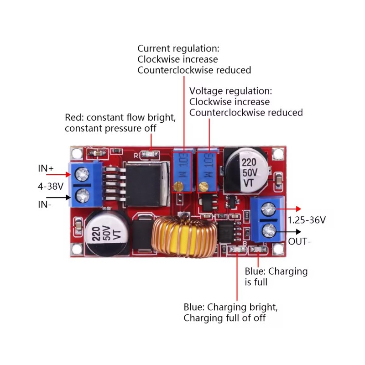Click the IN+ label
coord(46,168)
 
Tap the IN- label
coord(45,205)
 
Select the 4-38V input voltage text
coord(50,186)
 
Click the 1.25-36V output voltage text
coord(307,220)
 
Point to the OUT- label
coord(300,241)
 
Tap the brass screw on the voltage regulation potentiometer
coord(204,186)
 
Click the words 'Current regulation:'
coord(178,48)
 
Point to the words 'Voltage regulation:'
coord(230,91)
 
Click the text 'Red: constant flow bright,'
coord(120,117)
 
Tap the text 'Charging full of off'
coord(224,318)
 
